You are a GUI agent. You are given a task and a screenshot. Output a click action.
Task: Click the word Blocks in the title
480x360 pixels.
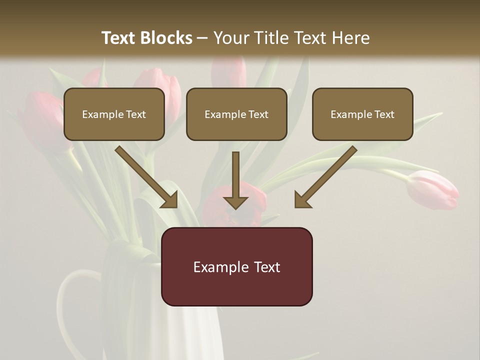click(x=166, y=38)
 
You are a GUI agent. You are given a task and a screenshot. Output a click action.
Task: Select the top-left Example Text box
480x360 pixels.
click(x=114, y=114)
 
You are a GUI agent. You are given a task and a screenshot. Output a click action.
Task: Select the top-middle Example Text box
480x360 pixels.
click(x=236, y=114)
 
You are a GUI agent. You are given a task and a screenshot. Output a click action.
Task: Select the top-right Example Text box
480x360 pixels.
click(x=362, y=114)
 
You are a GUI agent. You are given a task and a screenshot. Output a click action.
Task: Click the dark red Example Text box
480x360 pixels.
click(x=237, y=266)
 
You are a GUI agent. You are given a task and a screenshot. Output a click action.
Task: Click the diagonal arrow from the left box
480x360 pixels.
click(x=146, y=177)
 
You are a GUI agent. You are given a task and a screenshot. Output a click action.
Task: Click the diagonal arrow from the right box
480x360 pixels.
click(x=325, y=177)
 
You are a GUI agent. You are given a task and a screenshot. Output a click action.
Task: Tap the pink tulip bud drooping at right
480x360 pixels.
click(x=432, y=190)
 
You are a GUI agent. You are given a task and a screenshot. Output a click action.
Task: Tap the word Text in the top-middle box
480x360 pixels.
click(x=258, y=114)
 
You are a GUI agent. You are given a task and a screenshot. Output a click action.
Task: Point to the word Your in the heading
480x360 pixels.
click(x=231, y=38)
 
